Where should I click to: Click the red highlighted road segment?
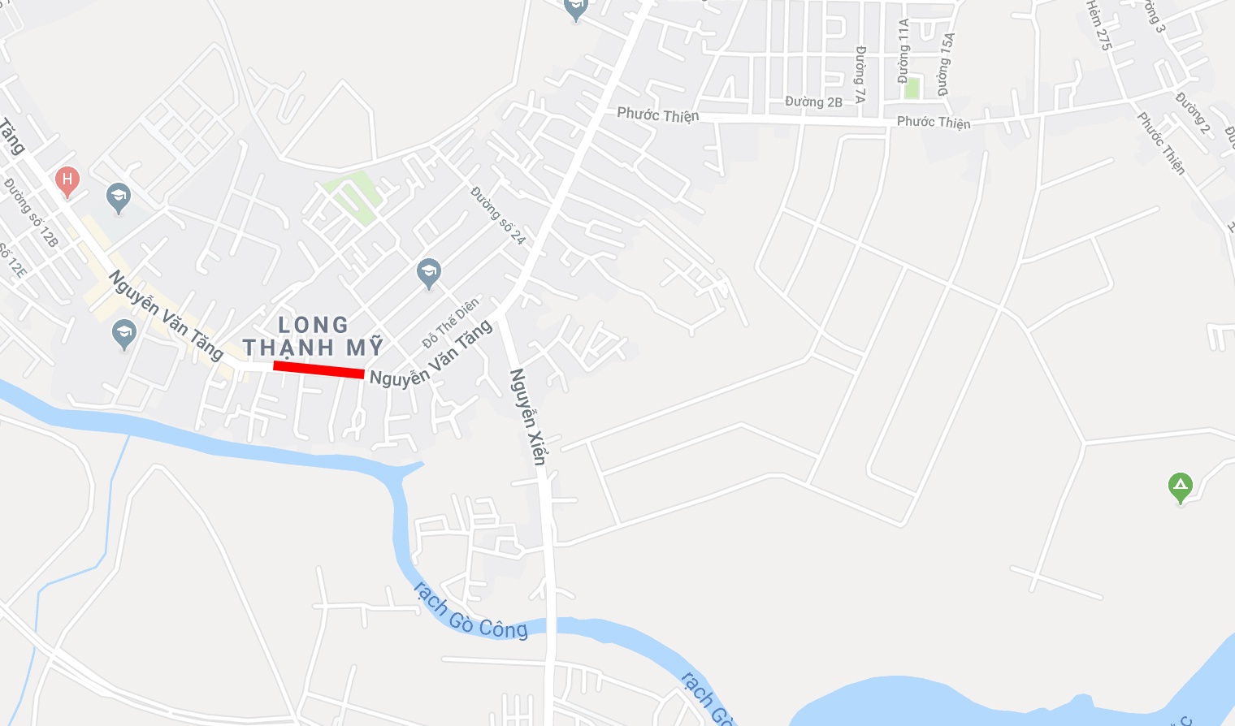318,369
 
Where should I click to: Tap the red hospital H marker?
67,180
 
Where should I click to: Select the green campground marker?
1180,487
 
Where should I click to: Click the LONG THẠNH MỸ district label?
313,336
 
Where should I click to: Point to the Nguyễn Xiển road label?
527,417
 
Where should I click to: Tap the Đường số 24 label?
498,215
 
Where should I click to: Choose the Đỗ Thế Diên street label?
451,322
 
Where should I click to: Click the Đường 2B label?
813,102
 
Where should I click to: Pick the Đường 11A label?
903,51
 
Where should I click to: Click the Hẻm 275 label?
1098,25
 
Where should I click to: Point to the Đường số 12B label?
32,212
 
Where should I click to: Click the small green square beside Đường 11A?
912,88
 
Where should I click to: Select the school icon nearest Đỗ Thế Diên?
428,273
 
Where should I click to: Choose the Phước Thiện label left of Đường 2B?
657,115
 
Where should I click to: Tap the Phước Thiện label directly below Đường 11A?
934,122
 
